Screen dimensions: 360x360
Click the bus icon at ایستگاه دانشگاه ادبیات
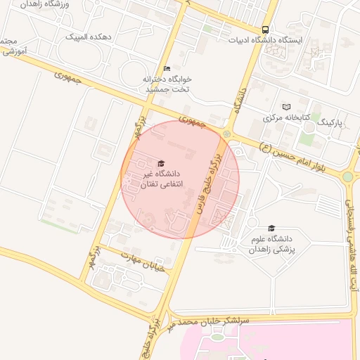coord(265,30)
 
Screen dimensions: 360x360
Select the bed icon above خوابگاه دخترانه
coord(166,68)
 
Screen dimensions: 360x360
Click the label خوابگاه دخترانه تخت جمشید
coord(169,84)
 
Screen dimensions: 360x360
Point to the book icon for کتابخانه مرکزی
coord(285,106)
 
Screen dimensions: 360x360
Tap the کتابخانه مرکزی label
coord(286,117)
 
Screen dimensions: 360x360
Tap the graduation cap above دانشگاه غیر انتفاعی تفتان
coord(161,163)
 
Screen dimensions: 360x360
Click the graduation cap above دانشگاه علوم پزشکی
coord(271,228)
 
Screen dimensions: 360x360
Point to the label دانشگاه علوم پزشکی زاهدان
coord(273,244)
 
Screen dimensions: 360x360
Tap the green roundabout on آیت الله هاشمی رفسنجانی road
coord(347,176)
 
